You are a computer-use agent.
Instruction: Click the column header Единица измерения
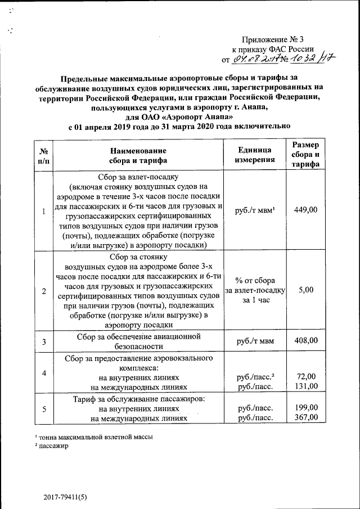point(255,155)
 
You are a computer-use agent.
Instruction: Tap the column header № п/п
point(43,155)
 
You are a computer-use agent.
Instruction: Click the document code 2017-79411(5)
point(66,497)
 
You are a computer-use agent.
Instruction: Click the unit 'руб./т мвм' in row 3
point(255,340)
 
